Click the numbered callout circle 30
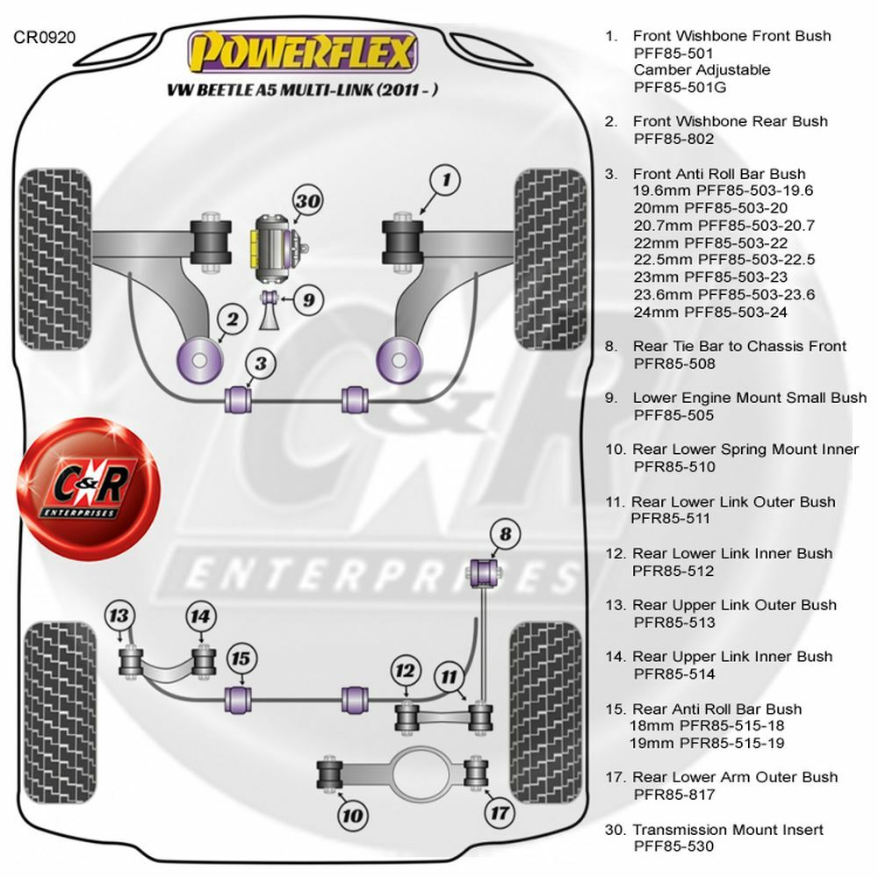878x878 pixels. (x=306, y=201)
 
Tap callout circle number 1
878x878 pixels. (x=446, y=182)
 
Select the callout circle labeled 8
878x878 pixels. (x=504, y=534)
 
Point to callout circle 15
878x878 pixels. (x=241, y=658)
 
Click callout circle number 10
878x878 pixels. (x=352, y=816)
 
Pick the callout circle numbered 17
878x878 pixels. (x=499, y=813)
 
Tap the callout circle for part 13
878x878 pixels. (x=119, y=615)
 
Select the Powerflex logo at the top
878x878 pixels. (x=303, y=52)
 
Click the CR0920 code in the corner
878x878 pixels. (x=45, y=37)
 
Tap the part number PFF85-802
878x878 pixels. (x=673, y=139)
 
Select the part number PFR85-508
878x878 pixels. (x=674, y=363)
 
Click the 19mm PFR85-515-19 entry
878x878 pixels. (x=708, y=743)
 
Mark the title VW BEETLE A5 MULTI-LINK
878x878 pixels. (x=304, y=90)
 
